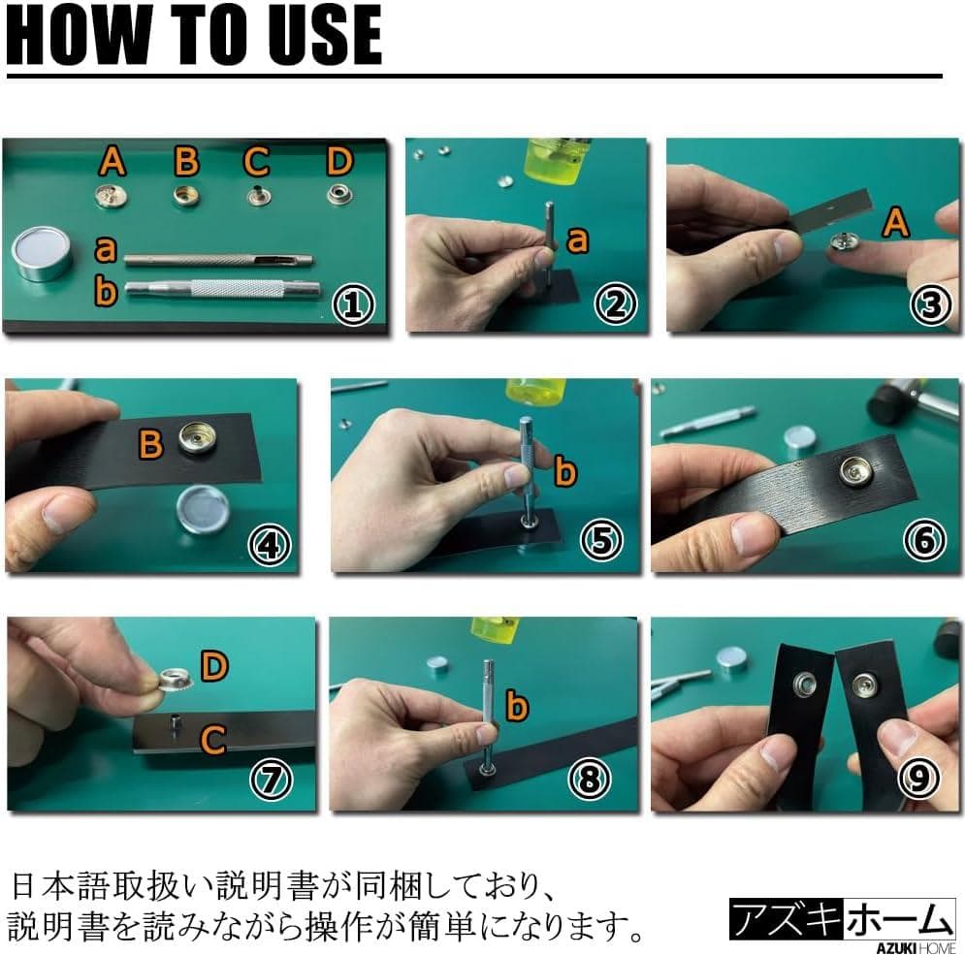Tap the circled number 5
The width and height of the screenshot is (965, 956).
pyautogui.click(x=601, y=540)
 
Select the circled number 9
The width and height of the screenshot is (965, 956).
pyautogui.click(x=918, y=778)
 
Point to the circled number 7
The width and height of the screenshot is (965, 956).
pyautogui.click(x=271, y=779)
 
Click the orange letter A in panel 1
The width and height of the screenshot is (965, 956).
pyautogui.click(x=113, y=161)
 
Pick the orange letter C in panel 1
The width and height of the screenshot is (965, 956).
pyautogui.click(x=256, y=162)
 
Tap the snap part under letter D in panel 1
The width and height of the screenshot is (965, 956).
pyautogui.click(x=339, y=195)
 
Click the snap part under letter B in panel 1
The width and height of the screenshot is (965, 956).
pyautogui.click(x=185, y=196)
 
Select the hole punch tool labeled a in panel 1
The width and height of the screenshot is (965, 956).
pyautogui.click(x=218, y=260)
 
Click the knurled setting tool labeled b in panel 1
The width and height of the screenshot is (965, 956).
pyautogui.click(x=223, y=288)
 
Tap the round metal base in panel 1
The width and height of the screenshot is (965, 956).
pyautogui.click(x=42, y=253)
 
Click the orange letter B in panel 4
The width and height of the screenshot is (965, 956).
pyautogui.click(x=150, y=444)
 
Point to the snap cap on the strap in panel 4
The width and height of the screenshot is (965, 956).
pyautogui.click(x=198, y=438)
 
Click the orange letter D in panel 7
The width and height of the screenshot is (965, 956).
pyautogui.click(x=214, y=666)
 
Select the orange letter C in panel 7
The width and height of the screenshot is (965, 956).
pyautogui.click(x=213, y=739)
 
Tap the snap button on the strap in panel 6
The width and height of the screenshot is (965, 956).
pyautogui.click(x=856, y=471)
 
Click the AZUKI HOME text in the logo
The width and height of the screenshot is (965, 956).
pyautogui.click(x=916, y=948)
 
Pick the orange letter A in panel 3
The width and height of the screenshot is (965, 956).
pyautogui.click(x=895, y=222)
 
